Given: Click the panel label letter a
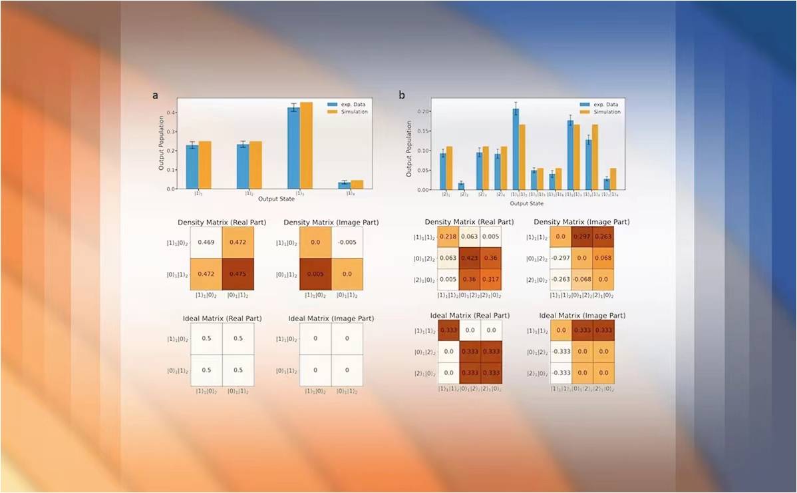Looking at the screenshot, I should click(155, 96).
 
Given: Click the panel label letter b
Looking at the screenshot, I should click(402, 96).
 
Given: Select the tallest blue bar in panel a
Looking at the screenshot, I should click(293, 148).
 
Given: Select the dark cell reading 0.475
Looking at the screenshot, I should click(238, 274).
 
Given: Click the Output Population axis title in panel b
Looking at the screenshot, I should click(409, 152).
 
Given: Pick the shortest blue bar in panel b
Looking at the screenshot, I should click(461, 186).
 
